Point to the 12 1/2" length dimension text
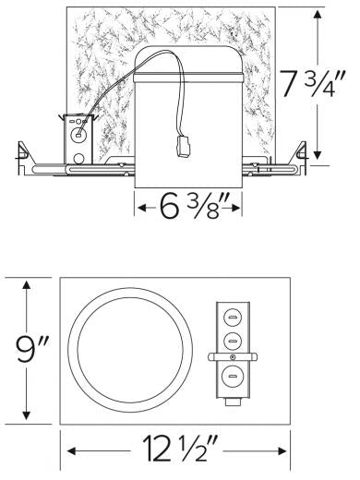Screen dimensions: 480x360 click(x=176, y=453)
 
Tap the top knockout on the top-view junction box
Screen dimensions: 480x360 click(x=232, y=315)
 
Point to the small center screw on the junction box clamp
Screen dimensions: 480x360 click(x=232, y=355)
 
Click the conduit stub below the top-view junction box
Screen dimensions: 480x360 click(x=232, y=400)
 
